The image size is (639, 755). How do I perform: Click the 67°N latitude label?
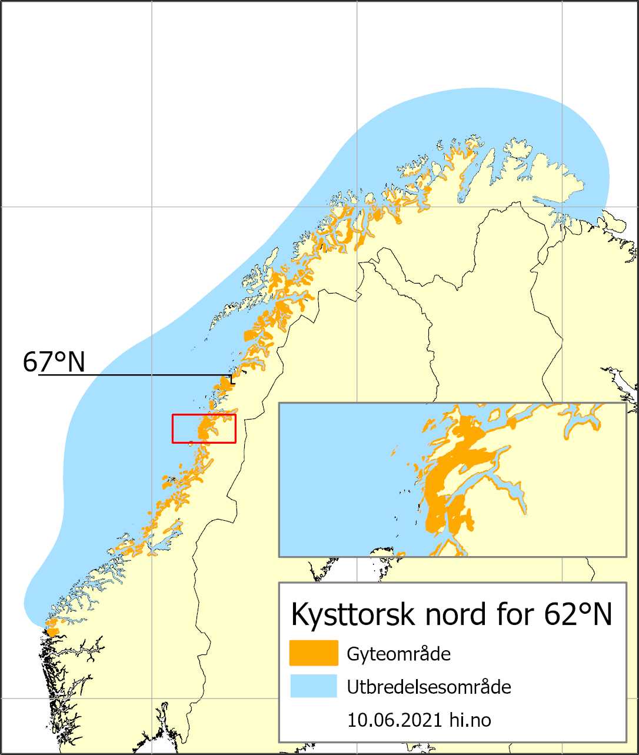point(54,362)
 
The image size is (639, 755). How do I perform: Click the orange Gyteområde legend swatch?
point(314,653)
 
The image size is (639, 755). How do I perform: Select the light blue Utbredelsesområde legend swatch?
point(314,686)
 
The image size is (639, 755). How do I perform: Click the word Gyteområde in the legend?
point(399,654)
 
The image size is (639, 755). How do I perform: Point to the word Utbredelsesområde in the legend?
point(429,687)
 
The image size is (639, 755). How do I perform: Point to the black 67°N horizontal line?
point(147,375)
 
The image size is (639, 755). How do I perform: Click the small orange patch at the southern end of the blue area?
point(52,631)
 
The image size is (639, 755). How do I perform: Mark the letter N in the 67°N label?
point(76,363)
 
